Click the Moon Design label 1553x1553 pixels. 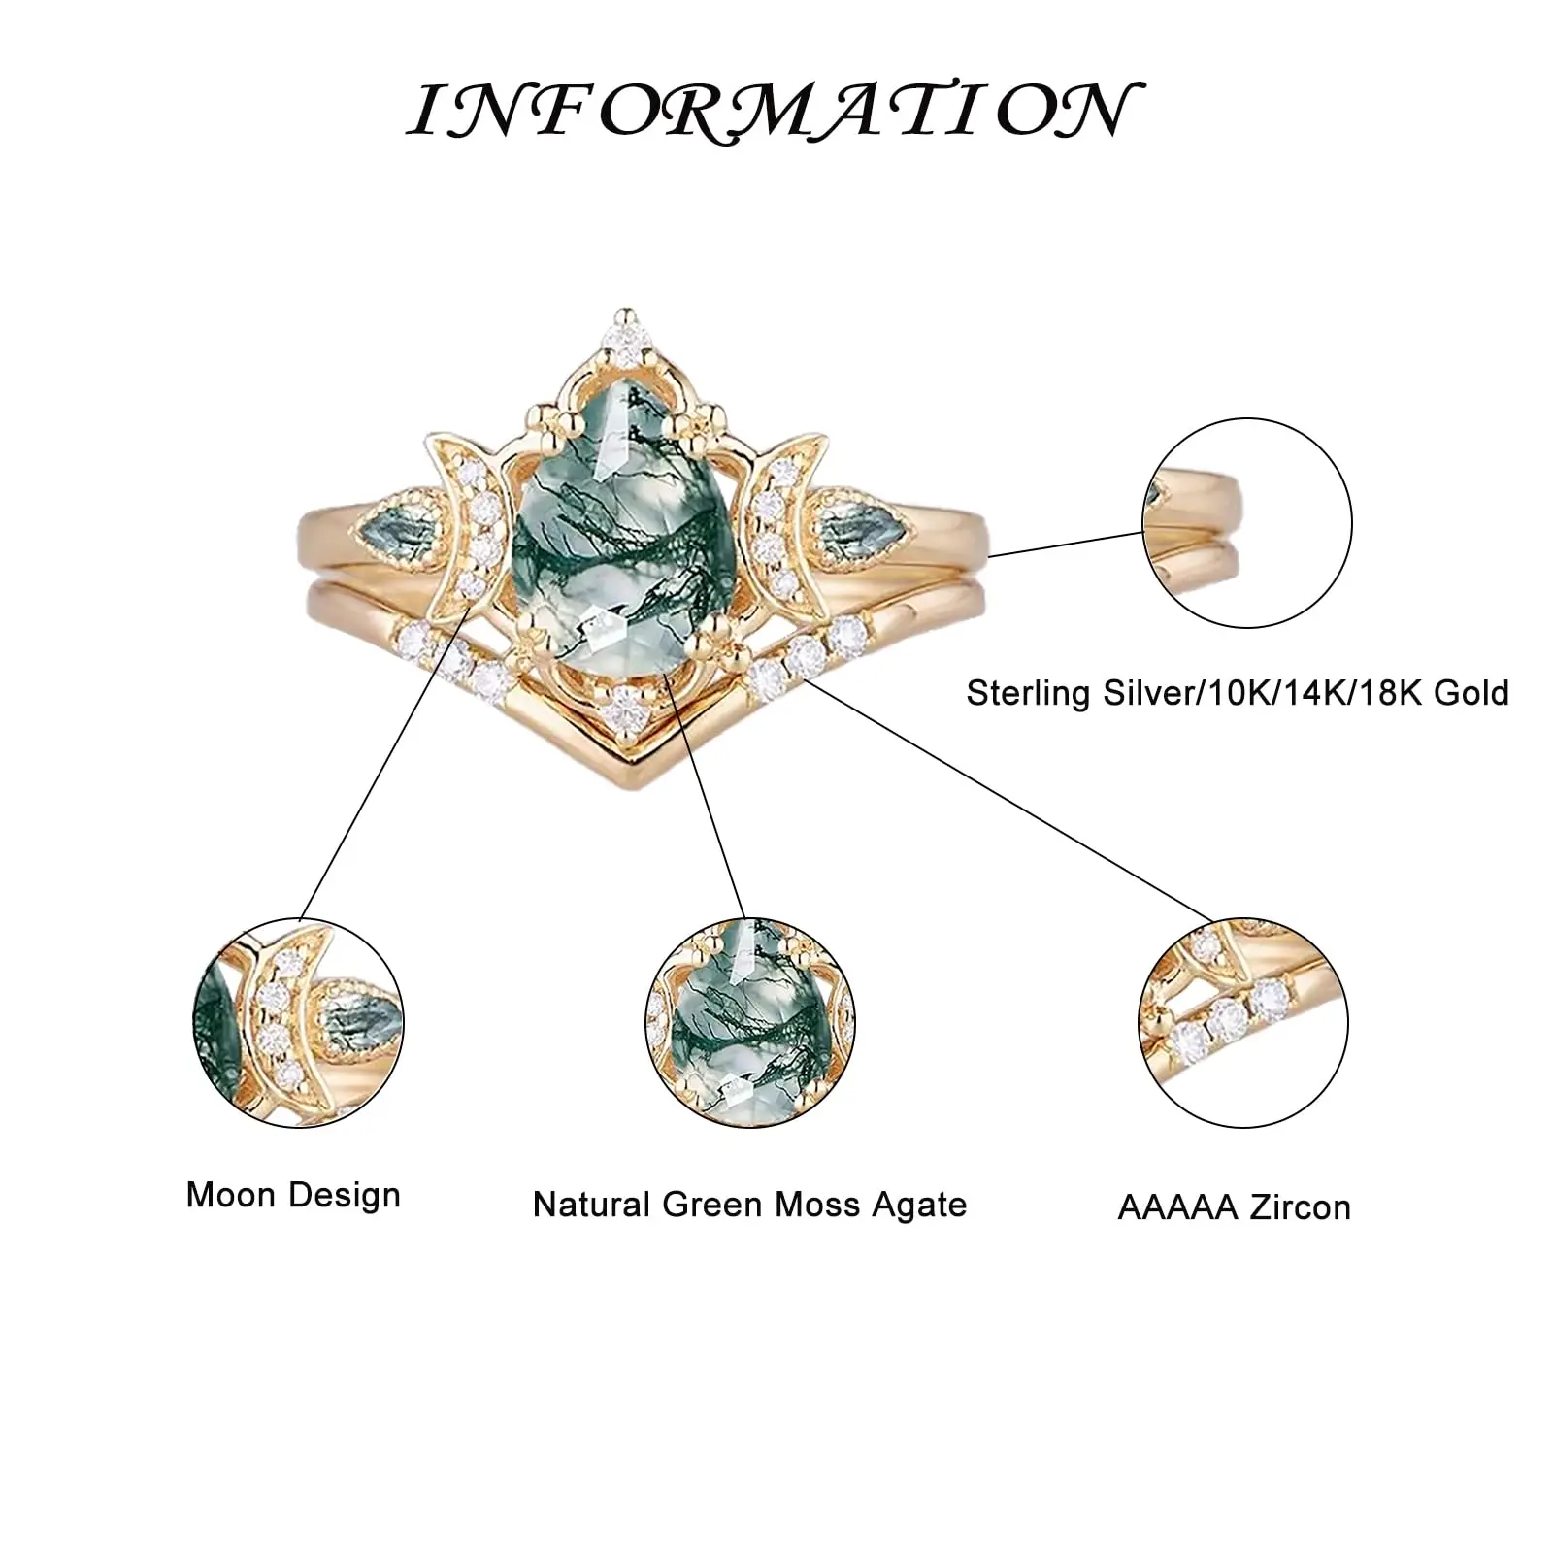293,1195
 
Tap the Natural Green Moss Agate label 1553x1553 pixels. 749,1205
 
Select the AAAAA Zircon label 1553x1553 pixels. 1234,1207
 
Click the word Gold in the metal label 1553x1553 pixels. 1470,693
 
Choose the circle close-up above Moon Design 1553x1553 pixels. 298,1022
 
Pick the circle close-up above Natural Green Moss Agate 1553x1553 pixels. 749,1022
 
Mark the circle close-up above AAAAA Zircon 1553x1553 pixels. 1243,1022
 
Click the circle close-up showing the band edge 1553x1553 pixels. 1247,523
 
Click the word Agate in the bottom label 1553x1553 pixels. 918,1205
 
